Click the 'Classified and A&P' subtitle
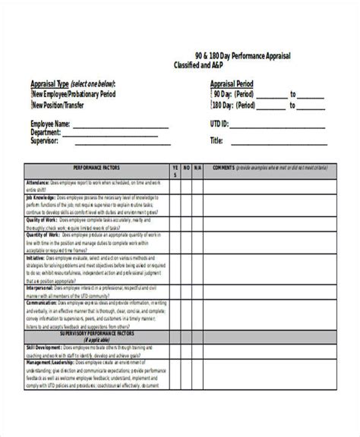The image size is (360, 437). [x=204, y=67]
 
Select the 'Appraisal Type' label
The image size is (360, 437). [x=53, y=84]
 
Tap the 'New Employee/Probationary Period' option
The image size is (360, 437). [x=74, y=95]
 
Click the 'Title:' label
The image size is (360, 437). [x=216, y=140]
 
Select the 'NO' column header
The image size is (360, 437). [x=185, y=167]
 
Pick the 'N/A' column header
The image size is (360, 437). [x=197, y=167]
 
